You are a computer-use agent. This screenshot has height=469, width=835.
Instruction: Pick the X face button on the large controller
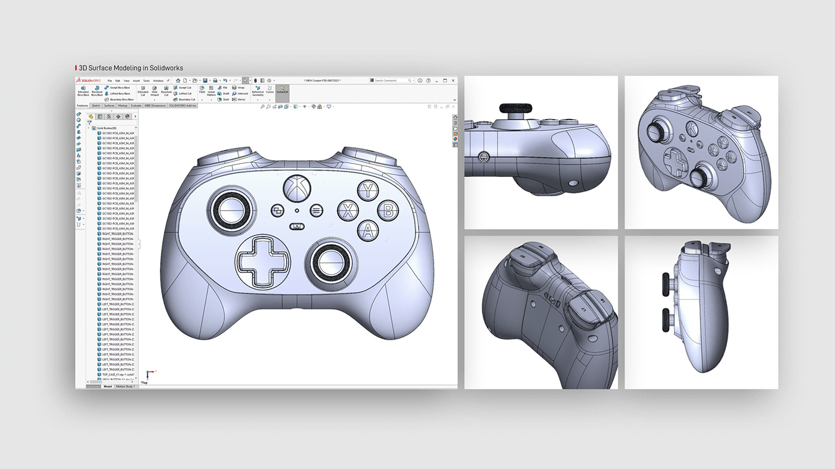tap(347, 210)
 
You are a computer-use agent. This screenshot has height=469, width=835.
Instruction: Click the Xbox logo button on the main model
tap(295, 188)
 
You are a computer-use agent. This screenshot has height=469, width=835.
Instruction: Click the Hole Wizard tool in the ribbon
tap(154, 92)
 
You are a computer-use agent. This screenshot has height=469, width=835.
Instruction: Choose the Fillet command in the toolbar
tap(202, 91)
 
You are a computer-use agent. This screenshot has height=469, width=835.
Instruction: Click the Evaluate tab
tap(136, 105)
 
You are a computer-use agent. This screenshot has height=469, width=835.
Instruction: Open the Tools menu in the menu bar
tap(146, 80)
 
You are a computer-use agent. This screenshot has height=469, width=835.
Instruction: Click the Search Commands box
tap(391, 80)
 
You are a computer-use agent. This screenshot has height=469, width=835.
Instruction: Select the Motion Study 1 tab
tap(125, 386)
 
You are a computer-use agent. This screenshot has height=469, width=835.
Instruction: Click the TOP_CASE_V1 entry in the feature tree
tap(117, 374)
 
